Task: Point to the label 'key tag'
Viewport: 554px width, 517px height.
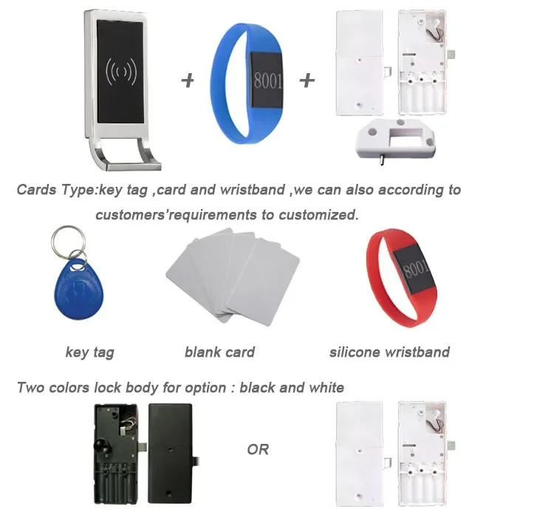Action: click(89, 352)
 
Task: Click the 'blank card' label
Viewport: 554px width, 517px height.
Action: click(219, 352)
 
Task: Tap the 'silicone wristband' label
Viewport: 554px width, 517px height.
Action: click(389, 352)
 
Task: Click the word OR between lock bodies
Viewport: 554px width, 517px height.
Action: click(258, 449)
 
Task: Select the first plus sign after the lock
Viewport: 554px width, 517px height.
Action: click(188, 80)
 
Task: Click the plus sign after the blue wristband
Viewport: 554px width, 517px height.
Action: click(307, 80)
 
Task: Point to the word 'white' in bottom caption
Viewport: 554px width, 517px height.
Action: click(325, 387)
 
